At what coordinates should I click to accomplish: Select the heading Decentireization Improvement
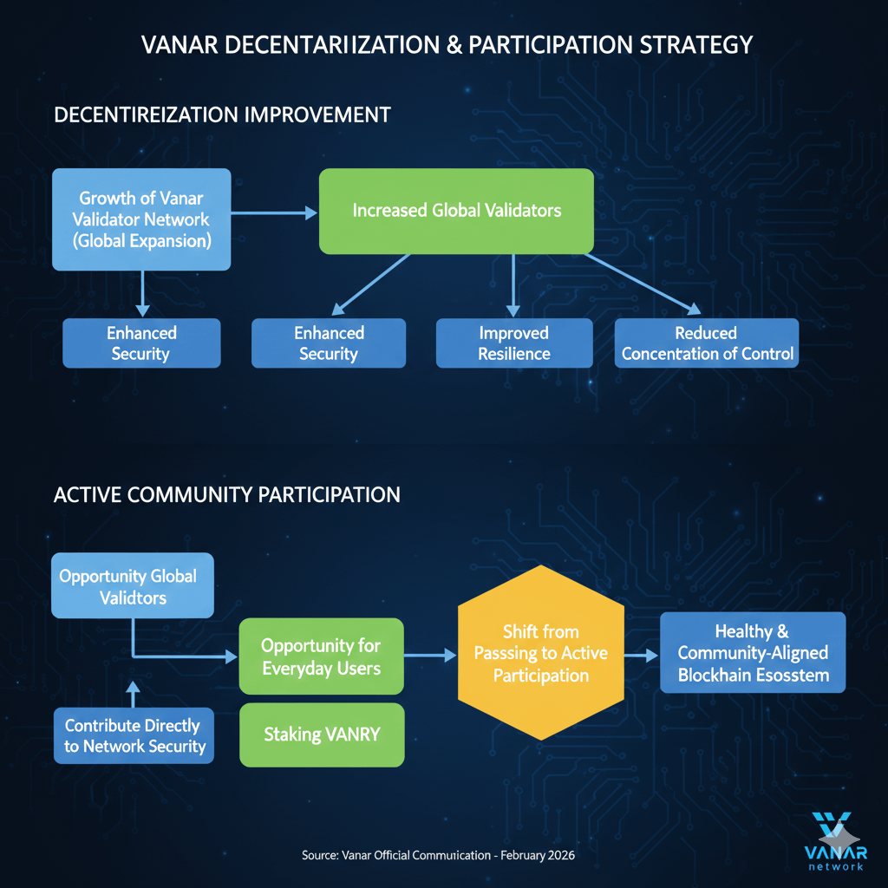(x=222, y=114)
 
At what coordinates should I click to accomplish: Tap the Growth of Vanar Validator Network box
(x=142, y=219)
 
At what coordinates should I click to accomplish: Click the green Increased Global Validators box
(x=456, y=211)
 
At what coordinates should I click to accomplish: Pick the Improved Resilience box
(x=514, y=343)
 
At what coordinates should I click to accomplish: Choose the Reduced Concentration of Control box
(x=707, y=343)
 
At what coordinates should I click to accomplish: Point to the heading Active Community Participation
(x=226, y=494)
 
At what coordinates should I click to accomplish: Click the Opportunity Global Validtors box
(x=132, y=585)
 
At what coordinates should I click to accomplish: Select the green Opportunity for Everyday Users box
(x=321, y=656)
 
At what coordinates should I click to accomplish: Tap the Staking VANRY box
(x=321, y=734)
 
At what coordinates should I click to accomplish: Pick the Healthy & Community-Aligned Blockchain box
(x=752, y=653)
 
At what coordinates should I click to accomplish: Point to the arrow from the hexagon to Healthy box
(x=641, y=656)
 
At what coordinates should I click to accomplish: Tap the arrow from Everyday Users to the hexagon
(x=430, y=656)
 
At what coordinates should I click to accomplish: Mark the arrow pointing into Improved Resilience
(x=513, y=286)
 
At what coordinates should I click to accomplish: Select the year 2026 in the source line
(x=558, y=855)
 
